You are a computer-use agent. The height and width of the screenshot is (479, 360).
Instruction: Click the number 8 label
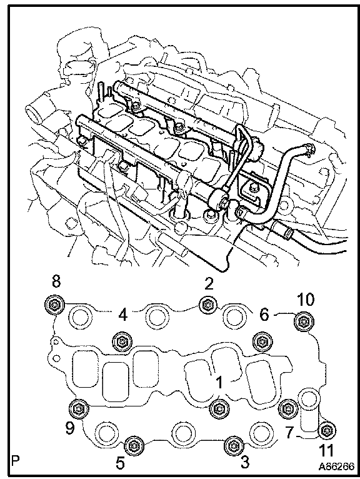click(x=56, y=281)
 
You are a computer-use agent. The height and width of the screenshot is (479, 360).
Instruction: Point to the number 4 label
click(x=122, y=315)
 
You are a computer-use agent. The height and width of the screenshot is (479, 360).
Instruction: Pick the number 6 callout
click(x=264, y=314)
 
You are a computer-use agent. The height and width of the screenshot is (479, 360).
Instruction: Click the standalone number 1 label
click(x=219, y=383)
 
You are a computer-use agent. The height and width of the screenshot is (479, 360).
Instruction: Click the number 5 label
click(x=120, y=463)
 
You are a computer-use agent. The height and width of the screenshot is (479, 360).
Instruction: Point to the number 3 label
click(x=244, y=462)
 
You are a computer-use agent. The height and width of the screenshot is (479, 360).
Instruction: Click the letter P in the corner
click(x=15, y=460)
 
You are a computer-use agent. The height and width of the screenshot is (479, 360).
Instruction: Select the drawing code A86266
click(x=336, y=466)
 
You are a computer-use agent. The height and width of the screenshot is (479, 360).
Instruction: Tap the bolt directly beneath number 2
click(x=209, y=305)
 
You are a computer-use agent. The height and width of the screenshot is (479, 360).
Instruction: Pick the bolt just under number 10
click(x=304, y=321)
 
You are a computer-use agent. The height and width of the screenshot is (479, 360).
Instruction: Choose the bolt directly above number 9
click(x=79, y=408)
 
